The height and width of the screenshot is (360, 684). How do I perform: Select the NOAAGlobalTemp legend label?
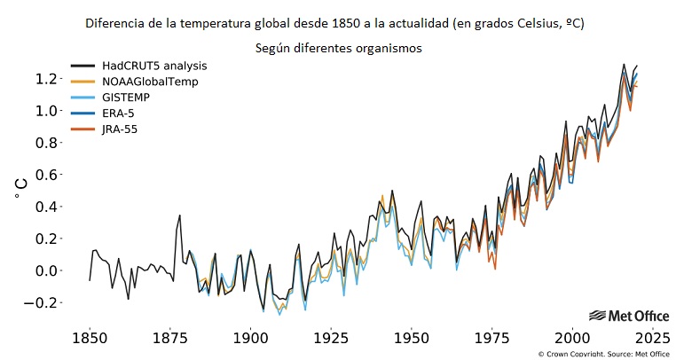click(x=149, y=82)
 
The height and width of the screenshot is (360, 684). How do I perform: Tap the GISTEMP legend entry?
click(x=127, y=98)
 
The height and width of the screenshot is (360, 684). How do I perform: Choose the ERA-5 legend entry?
click(x=121, y=113)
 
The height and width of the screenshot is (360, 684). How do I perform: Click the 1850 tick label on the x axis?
click(x=89, y=338)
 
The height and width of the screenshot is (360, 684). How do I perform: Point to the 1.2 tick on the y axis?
click(x=48, y=79)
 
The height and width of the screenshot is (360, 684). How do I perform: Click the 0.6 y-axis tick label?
click(x=48, y=175)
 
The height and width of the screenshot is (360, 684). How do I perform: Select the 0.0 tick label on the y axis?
click(x=48, y=270)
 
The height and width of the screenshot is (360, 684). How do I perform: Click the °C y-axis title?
click(x=20, y=188)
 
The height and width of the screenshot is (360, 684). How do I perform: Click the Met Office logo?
click(x=628, y=316)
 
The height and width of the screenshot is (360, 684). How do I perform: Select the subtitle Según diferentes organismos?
click(x=337, y=48)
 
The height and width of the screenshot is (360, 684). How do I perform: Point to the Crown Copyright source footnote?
click(x=603, y=354)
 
